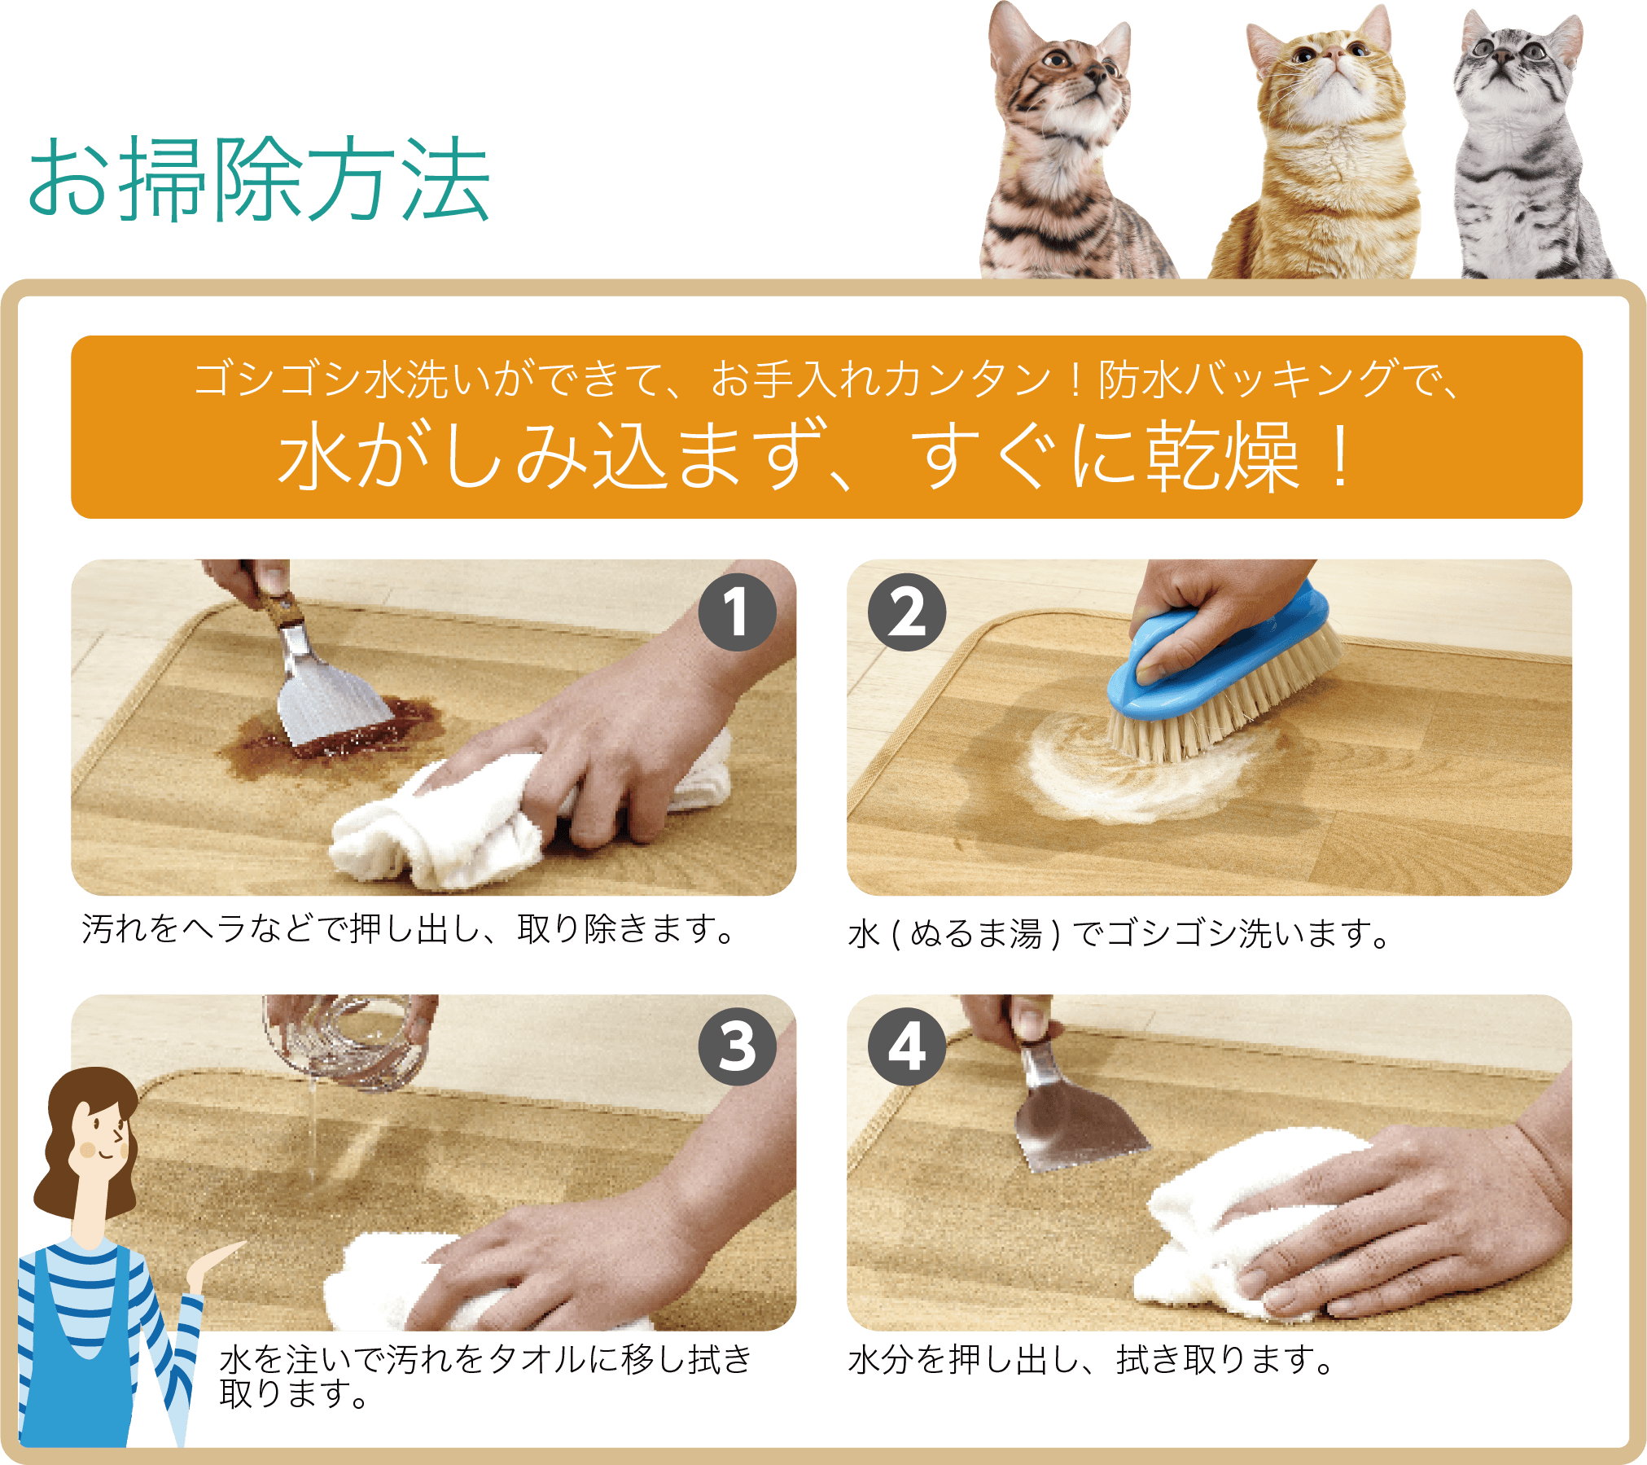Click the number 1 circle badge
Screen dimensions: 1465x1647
(736, 612)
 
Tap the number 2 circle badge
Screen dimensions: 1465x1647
(906, 612)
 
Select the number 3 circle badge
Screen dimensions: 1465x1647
(736, 1047)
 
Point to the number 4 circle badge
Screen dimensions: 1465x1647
(906, 1047)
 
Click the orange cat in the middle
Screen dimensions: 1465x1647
(1323, 155)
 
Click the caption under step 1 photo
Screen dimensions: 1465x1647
(407, 929)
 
